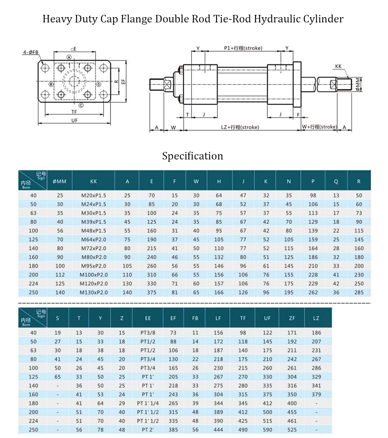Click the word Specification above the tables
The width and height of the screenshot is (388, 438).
tap(192, 156)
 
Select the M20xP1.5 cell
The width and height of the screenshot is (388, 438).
tap(93, 195)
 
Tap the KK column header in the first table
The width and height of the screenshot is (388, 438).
tap(93, 181)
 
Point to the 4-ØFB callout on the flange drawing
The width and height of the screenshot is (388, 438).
tap(30, 52)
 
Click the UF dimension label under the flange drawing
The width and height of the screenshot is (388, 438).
tap(75, 120)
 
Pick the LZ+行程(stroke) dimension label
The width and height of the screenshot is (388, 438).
tap(240, 127)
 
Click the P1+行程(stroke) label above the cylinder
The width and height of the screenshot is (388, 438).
tap(243, 48)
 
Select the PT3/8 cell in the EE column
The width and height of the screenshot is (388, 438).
tap(148, 333)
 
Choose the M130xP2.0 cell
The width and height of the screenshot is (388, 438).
tap(93, 292)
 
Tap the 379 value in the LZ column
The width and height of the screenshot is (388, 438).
tap(316, 394)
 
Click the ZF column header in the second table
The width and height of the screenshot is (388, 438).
tap(292, 319)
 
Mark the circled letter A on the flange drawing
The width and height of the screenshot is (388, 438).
tap(69, 57)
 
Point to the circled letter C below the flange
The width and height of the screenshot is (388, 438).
tap(81, 105)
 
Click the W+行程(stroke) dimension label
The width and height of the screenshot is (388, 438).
tap(319, 127)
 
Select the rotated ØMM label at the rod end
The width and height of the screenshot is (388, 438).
tap(357, 84)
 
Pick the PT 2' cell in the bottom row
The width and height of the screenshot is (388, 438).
tap(148, 430)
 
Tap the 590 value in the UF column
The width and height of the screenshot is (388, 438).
tap(267, 430)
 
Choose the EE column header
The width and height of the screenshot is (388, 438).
tap(148, 319)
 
